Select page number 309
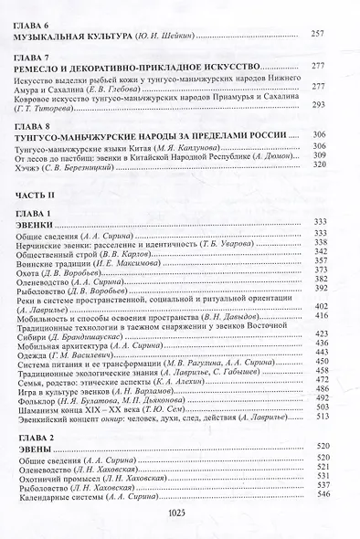pos(319,155)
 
